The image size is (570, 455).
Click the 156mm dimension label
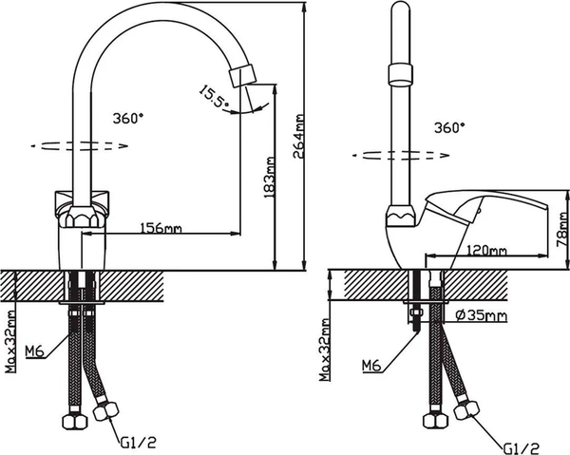tap(161, 228)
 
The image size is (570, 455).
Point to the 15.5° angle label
tap(212, 95)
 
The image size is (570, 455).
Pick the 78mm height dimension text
tap(561, 229)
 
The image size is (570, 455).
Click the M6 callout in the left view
tap(34, 352)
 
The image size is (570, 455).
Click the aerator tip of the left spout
tap(246, 73)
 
